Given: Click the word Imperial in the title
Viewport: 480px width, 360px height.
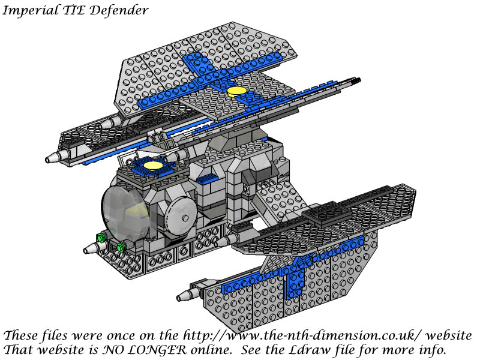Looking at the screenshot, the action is click(x=31, y=10).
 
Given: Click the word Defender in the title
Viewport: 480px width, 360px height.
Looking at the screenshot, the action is click(x=119, y=10).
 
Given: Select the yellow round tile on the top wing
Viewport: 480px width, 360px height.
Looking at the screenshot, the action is click(x=237, y=91).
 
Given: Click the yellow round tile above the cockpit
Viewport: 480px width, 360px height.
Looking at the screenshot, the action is click(x=153, y=166).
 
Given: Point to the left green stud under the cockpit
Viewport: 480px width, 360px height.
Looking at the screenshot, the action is click(x=101, y=237).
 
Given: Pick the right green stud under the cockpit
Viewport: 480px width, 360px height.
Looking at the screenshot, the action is click(x=122, y=246).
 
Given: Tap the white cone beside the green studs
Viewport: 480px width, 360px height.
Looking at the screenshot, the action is click(x=92, y=248).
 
